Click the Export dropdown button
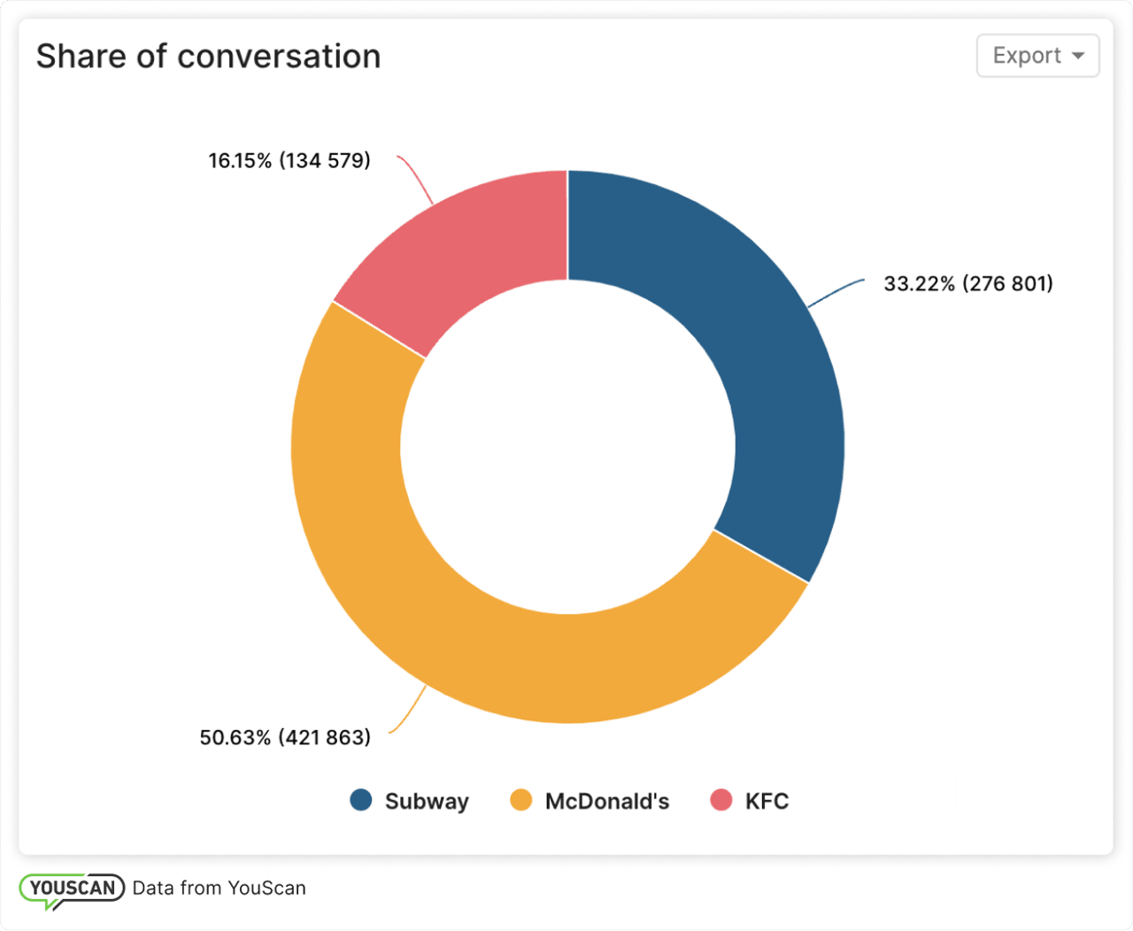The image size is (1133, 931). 1037,56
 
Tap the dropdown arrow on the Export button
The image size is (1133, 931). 1077,56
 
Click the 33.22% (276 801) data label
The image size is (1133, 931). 968,284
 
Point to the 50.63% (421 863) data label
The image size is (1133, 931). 285,737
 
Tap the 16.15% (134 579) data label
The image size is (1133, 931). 289,161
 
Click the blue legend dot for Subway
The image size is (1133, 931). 361,800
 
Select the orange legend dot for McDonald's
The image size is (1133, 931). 521,800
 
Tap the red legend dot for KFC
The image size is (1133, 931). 721,800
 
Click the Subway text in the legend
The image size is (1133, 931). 427,801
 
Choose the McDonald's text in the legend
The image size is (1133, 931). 607,801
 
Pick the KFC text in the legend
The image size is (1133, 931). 767,801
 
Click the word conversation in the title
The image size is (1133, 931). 279,57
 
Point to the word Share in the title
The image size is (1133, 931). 81,57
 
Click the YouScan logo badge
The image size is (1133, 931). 72,889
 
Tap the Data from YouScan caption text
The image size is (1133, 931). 219,889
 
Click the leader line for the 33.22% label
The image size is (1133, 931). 837,292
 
